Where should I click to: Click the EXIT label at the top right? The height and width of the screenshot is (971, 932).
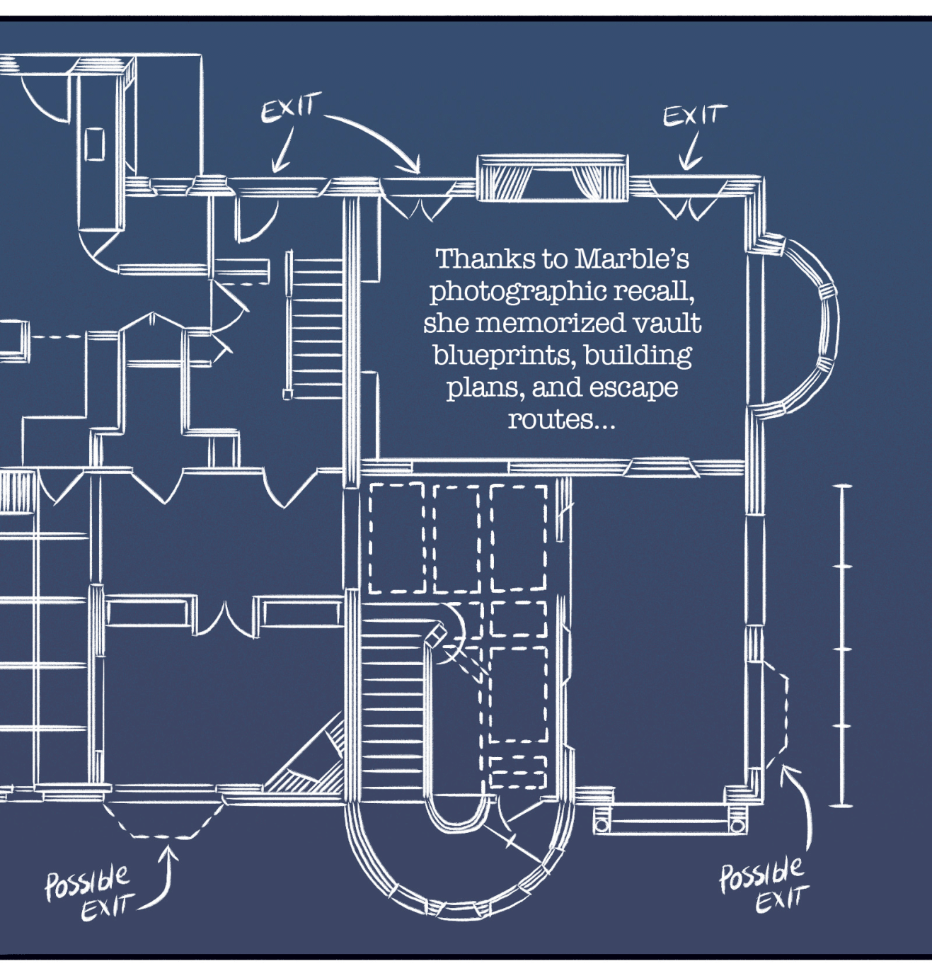(695, 115)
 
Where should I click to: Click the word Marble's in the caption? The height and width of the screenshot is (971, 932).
(632, 259)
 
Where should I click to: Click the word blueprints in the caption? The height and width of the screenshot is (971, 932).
(503, 356)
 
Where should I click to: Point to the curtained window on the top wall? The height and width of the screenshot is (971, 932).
(553, 178)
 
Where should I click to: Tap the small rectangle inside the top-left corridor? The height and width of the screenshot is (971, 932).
(94, 144)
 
